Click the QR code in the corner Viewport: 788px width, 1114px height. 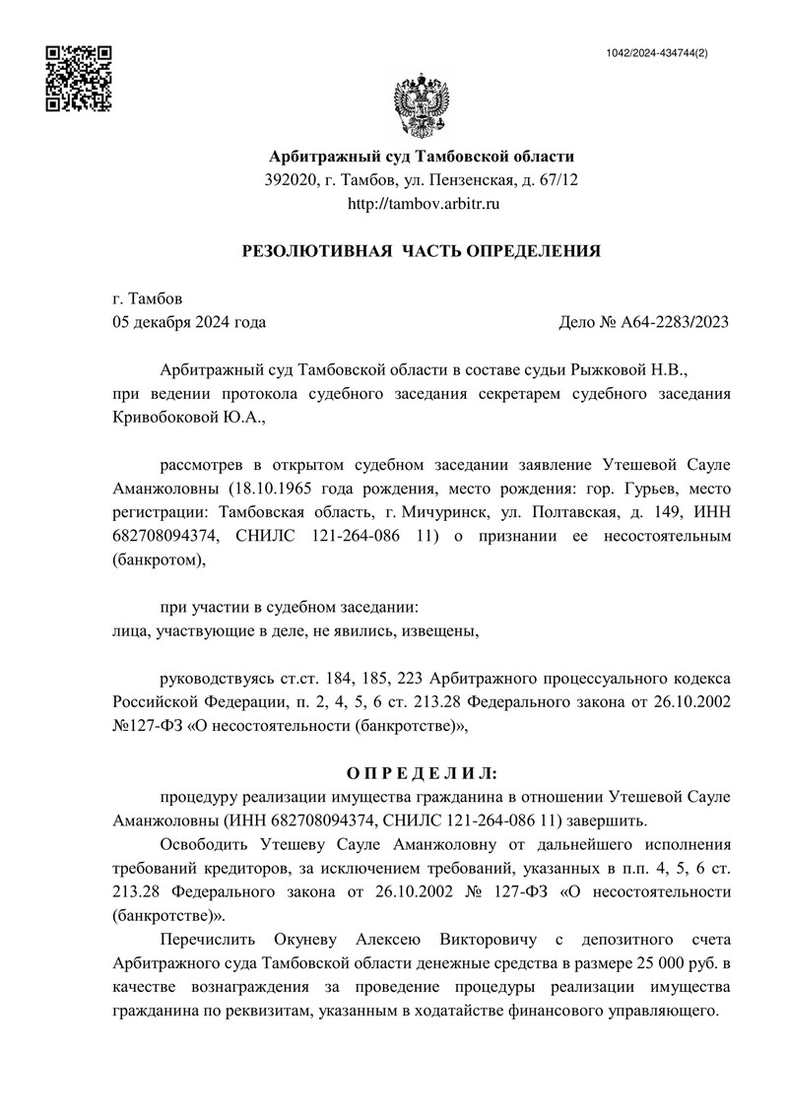(x=80, y=78)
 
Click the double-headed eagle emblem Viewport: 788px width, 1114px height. (x=422, y=107)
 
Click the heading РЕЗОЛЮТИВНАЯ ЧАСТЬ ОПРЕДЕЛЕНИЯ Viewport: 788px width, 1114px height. (x=422, y=251)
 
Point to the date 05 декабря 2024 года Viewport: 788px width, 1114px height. (x=189, y=322)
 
